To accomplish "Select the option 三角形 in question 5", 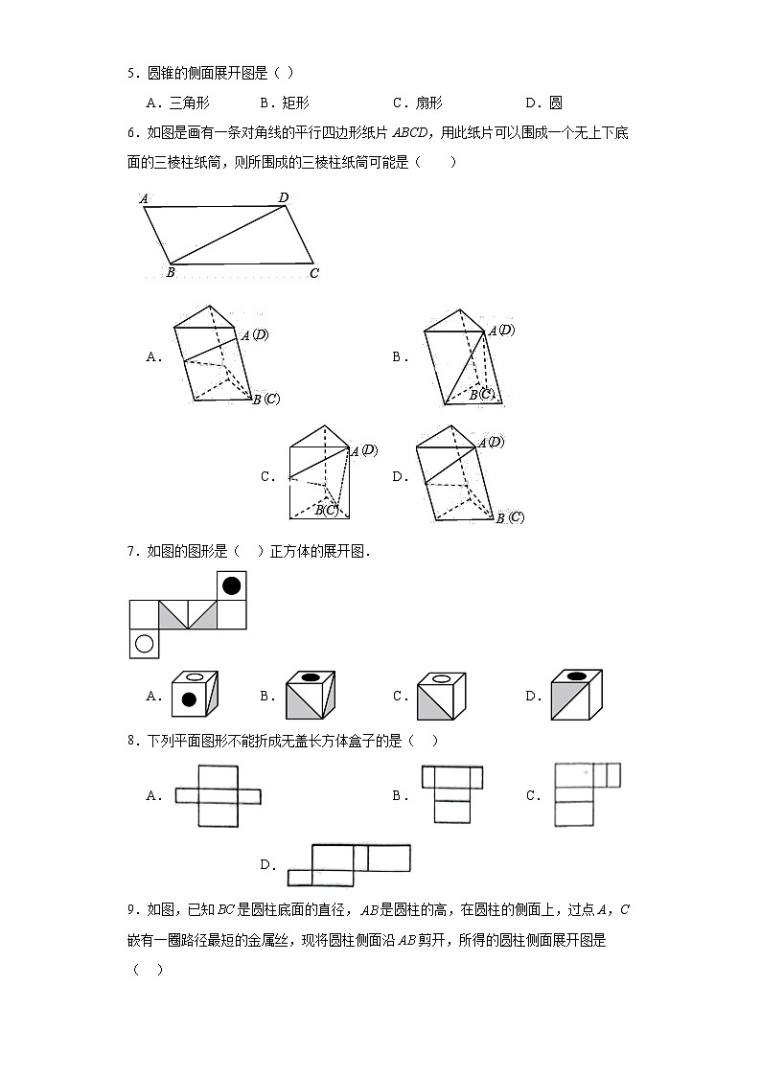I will click(189, 103).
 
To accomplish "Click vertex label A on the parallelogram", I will click(143, 199).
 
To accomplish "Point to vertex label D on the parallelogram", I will click(284, 197).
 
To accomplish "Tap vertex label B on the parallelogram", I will click(169, 273).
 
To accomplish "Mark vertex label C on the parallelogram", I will click(313, 273).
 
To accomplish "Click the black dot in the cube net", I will click(231, 584).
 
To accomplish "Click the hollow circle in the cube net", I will click(144, 644).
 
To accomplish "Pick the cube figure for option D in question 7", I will click(575, 694).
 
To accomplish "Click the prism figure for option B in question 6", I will click(460, 357).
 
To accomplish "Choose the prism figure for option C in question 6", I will click(322, 473).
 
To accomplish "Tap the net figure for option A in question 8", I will click(218, 795).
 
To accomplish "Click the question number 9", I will click(132, 909).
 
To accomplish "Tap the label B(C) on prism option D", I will click(510, 517).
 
